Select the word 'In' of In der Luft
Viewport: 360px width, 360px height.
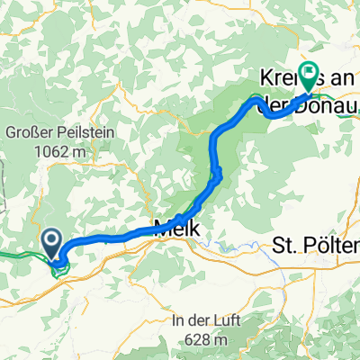tap(184, 320)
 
